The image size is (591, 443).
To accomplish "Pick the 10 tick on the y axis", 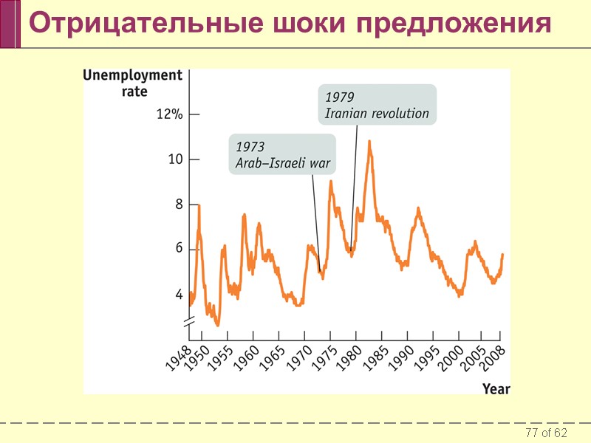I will tap(174, 159).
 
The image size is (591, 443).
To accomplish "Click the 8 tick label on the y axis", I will tap(178, 205).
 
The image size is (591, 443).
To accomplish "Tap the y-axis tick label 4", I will tap(178, 294).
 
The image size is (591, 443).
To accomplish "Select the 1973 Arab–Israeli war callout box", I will tap(281, 154).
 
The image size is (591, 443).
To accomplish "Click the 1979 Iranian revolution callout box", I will tap(377, 105).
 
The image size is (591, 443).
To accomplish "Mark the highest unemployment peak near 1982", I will tap(369, 141).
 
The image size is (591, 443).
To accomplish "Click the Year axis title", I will tap(496, 388).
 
